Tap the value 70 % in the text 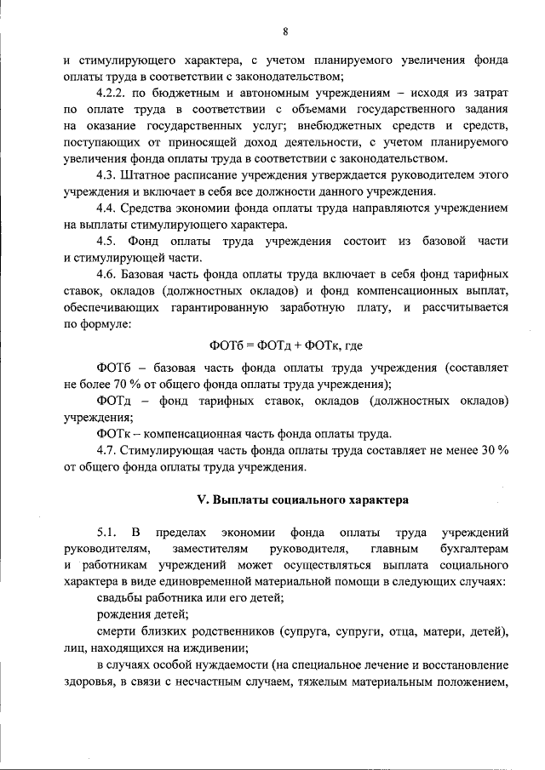tap(126, 384)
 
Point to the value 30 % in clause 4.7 tap(491, 451)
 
